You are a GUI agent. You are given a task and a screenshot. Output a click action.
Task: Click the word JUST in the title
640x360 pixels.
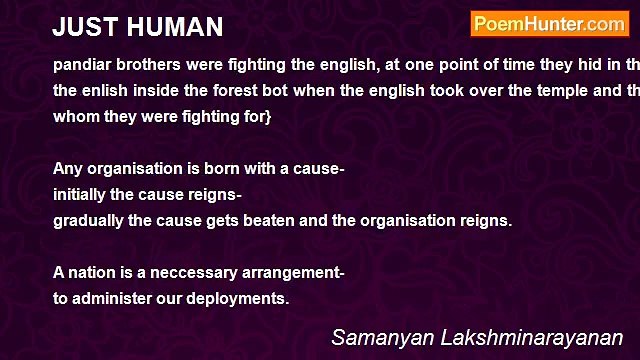coord(83,26)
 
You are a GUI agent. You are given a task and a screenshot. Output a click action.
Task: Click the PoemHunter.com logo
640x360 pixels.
coord(549,24)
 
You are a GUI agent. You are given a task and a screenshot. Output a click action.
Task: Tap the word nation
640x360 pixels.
coord(93,272)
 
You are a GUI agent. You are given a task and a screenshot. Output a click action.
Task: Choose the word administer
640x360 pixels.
coord(111,298)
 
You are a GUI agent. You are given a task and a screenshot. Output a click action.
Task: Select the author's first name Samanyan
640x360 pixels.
coord(381,338)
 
